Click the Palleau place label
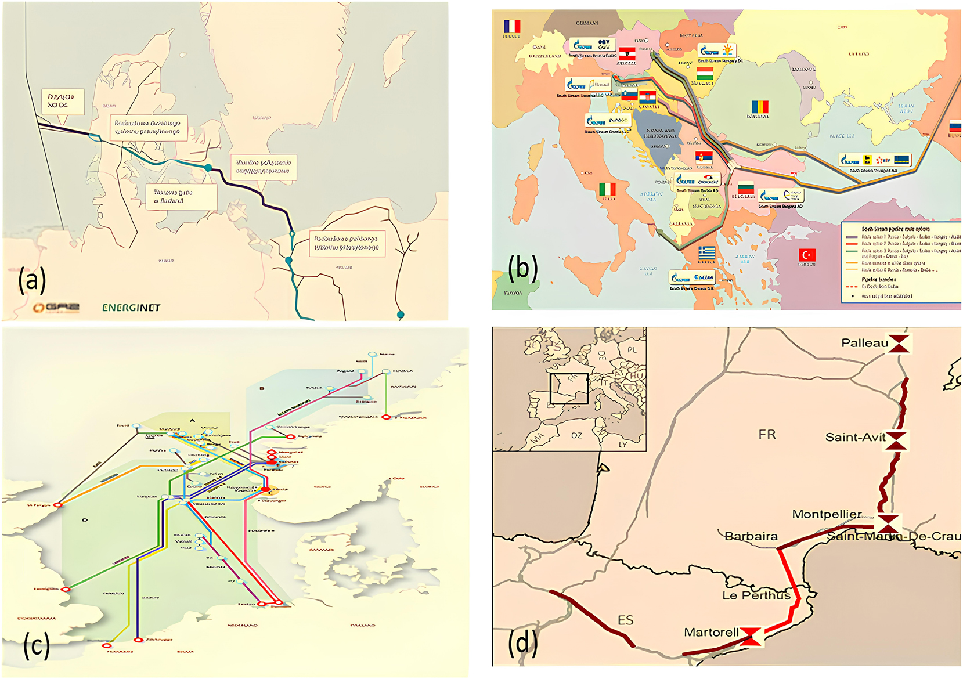864,343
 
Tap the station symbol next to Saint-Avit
896,441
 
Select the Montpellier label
827,514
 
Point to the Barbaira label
751,536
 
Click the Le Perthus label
756,595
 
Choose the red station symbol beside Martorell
751,636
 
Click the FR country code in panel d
767,435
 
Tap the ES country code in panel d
625,620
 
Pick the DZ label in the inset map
576,435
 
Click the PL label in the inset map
632,350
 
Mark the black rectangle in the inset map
569,389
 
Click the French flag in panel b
512,27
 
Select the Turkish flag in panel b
807,255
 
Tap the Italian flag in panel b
607,189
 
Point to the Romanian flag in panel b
760,107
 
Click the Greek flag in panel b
706,252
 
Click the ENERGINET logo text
131,308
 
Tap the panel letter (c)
36,645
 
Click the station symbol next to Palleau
899,343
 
